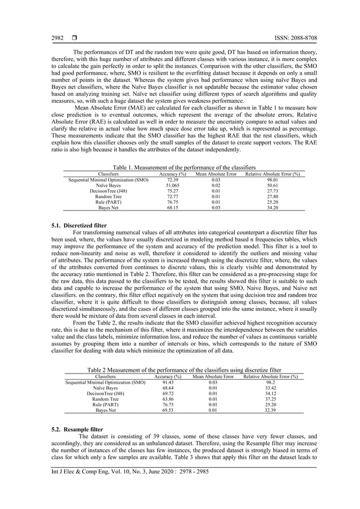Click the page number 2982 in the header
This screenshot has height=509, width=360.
point(58,37)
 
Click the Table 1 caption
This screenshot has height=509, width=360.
point(185,168)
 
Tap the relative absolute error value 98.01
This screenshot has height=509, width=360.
point(272,179)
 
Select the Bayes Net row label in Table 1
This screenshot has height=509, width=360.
point(107,208)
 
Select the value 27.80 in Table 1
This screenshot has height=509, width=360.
point(272,196)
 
